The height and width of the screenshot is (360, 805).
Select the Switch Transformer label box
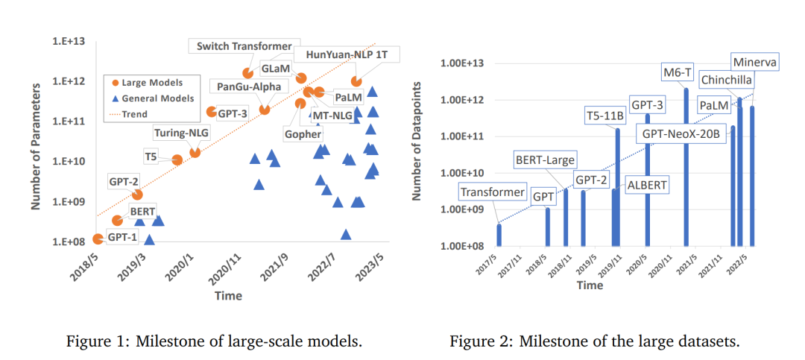[244, 46]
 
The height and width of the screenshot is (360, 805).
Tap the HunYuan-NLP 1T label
[347, 55]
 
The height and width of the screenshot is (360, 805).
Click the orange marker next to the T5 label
[177, 160]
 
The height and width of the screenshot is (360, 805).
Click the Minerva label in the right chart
[754, 62]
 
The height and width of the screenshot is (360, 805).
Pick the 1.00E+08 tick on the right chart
[463, 246]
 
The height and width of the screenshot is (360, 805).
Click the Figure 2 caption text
[594, 342]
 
